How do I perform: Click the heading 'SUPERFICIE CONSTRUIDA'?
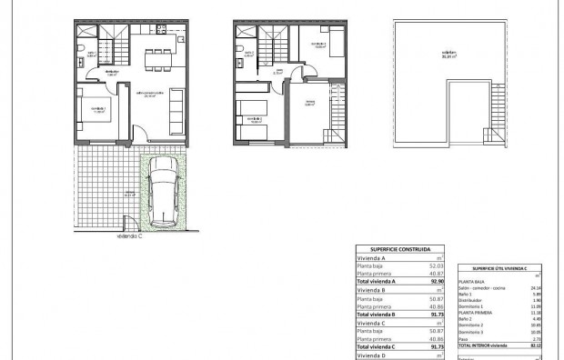[401, 249]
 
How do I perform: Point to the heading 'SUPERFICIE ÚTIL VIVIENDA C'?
[501, 269]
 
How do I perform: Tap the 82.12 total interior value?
[535, 346]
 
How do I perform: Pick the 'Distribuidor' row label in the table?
[472, 302]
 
